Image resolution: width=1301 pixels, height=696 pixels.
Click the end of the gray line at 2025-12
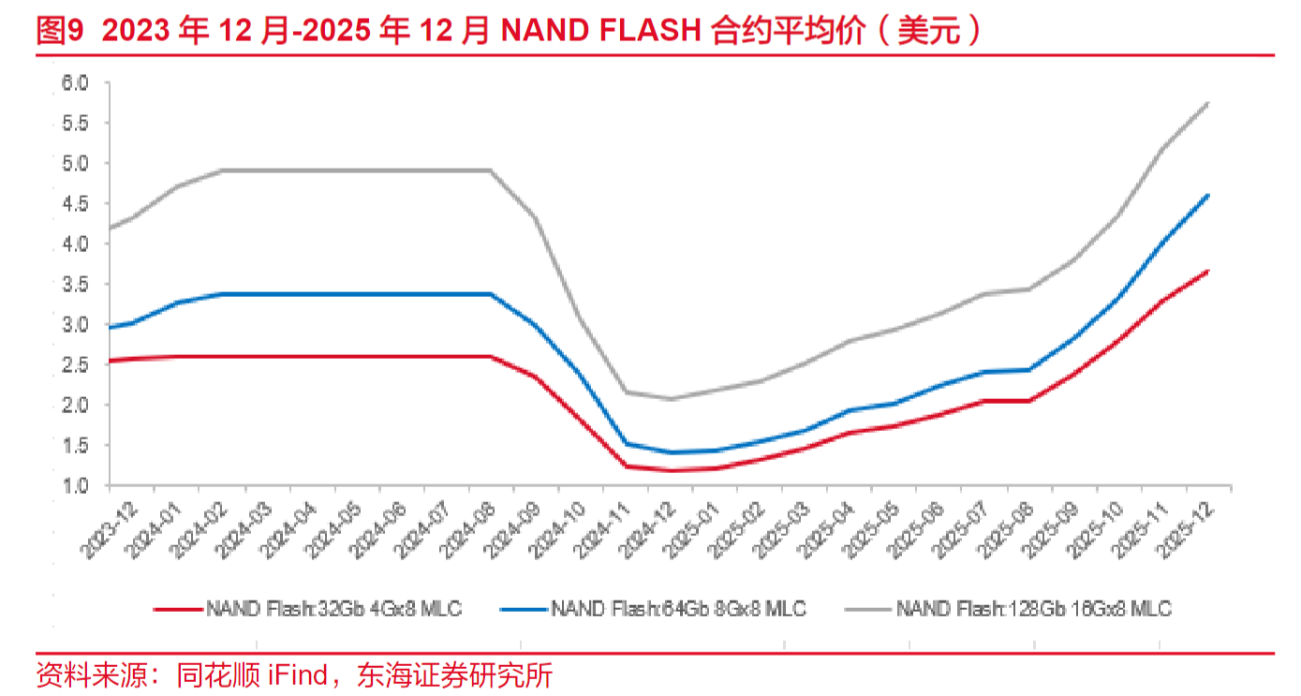point(1208,103)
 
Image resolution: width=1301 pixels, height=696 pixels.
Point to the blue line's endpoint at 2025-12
point(1208,195)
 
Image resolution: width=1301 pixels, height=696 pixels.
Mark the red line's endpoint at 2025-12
point(1208,271)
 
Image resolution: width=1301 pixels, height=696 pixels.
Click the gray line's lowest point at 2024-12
point(671,399)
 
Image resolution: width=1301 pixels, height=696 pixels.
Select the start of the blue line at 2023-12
point(111,328)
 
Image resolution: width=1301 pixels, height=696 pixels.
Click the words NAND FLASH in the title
point(600,33)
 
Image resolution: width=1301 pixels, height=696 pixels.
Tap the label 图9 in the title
point(60,33)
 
